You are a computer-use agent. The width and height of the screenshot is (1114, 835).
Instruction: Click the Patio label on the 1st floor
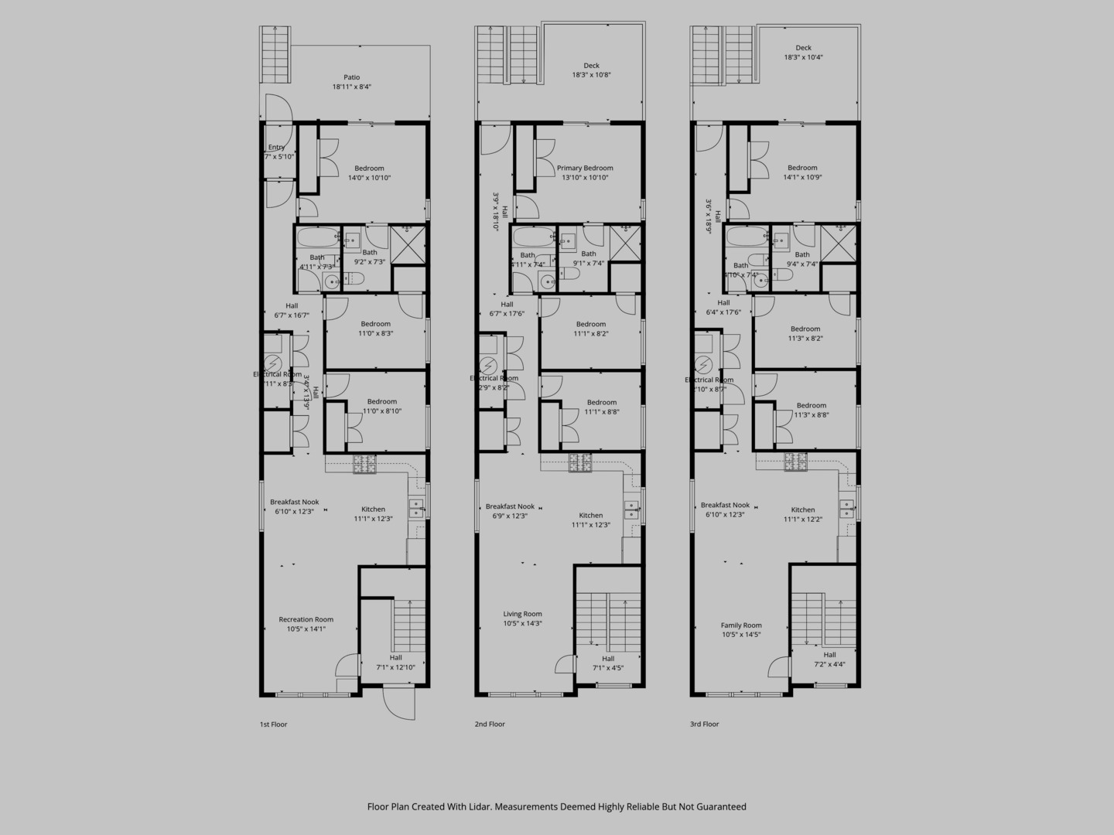pos(352,77)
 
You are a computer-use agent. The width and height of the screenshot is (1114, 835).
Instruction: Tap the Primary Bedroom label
pos(585,168)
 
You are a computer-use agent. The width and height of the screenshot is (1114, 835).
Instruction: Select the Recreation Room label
pos(306,619)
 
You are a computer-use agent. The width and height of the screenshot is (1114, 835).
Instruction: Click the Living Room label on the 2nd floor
pos(522,614)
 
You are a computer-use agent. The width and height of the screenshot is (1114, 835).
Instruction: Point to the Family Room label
pos(741,625)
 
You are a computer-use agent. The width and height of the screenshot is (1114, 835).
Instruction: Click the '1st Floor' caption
pos(273,724)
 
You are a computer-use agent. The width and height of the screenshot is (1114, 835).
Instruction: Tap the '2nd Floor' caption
pos(490,724)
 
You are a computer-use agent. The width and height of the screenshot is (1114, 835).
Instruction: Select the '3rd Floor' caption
pos(705,724)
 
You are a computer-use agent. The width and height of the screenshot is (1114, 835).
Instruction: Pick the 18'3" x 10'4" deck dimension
pos(804,57)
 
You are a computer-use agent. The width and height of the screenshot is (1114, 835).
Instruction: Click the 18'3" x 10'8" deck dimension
pos(591,75)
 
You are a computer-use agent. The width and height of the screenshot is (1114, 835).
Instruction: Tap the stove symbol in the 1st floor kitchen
pos(365,464)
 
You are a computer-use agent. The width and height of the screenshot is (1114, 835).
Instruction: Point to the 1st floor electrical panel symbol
pos(273,364)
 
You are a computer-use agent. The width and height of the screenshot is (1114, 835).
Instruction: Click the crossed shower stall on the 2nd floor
pos(626,243)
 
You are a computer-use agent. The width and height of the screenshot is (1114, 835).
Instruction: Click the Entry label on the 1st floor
pos(276,147)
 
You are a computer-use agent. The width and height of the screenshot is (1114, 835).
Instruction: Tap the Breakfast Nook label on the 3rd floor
pos(725,505)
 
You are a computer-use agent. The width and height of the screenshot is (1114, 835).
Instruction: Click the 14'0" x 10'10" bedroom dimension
pos(369,178)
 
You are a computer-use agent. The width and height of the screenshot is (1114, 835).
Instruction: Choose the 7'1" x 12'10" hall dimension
pos(395,667)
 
